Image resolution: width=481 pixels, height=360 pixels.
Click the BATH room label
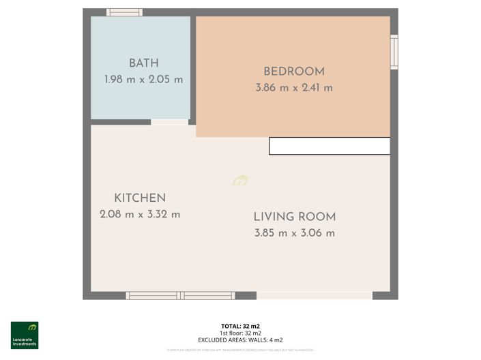[x=143, y=63]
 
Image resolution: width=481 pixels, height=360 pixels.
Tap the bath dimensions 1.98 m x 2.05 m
[x=143, y=79]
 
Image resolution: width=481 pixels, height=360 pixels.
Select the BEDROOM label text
[x=294, y=72]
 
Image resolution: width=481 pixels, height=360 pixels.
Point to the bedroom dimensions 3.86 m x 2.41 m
[x=294, y=87]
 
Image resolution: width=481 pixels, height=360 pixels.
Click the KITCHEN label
[x=140, y=198]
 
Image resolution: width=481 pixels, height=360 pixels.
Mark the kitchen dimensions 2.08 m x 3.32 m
[x=140, y=214]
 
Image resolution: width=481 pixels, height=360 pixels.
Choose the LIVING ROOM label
[x=295, y=217]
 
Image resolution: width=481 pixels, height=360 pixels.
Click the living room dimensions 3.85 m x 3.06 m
[x=295, y=233]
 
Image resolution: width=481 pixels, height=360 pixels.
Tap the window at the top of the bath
[x=124, y=12]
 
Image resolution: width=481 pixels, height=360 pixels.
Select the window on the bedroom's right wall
[x=394, y=52]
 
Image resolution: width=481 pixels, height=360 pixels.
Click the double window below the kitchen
[x=180, y=295]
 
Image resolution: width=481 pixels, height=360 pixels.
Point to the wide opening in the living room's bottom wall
[x=315, y=295]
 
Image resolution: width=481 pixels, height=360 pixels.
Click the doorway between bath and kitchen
[x=169, y=122]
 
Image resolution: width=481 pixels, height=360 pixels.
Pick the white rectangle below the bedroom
[x=330, y=146]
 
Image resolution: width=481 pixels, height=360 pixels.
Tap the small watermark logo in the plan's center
[x=240, y=181]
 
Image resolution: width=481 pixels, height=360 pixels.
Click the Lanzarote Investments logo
[x=25, y=335]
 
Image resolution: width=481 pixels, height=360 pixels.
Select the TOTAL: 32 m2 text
[x=240, y=327]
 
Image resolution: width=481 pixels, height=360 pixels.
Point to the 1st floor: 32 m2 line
[x=240, y=333]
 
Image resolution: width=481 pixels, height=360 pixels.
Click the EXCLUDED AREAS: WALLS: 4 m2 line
[x=240, y=340]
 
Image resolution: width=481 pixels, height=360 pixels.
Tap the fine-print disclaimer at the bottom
[x=240, y=350]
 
